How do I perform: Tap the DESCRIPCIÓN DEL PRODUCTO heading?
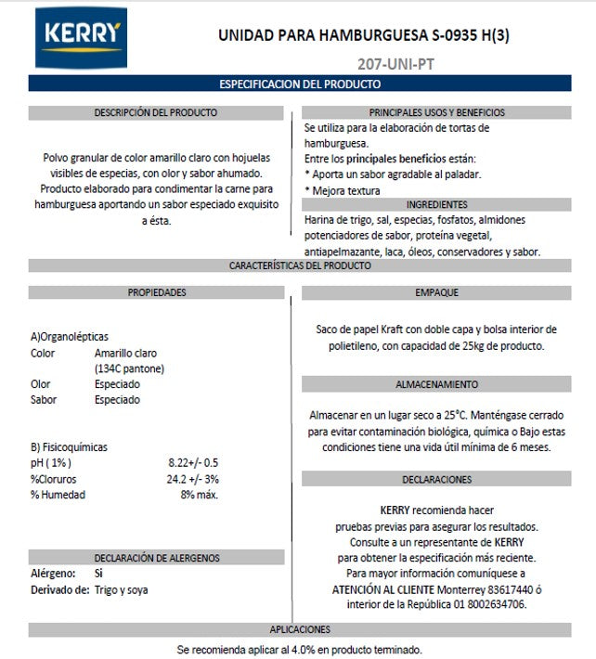156,112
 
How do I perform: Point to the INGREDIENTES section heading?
436,204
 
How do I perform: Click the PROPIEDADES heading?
156,292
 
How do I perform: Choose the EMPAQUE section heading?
436,292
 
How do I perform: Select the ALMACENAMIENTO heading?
436,383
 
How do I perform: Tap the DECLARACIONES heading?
436,480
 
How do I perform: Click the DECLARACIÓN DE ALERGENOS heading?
156,557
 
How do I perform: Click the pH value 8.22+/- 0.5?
193,462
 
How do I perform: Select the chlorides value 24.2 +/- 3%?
193,479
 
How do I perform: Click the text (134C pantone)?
131,368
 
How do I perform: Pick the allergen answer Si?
98,574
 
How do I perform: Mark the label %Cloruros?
53,479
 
